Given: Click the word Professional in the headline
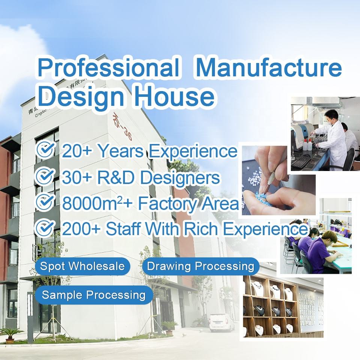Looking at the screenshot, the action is (x=108, y=68).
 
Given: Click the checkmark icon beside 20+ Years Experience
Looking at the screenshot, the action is (x=45, y=150).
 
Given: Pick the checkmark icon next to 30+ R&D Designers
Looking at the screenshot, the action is (x=45, y=176).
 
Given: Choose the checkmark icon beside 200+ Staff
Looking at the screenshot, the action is (x=45, y=228).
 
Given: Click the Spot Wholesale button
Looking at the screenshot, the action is (x=82, y=266).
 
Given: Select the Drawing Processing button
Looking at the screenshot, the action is (x=201, y=266).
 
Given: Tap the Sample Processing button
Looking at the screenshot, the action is (x=94, y=295).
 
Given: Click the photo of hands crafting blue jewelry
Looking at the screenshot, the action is (x=278, y=179).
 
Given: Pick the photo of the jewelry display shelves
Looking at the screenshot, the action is (x=283, y=307).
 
